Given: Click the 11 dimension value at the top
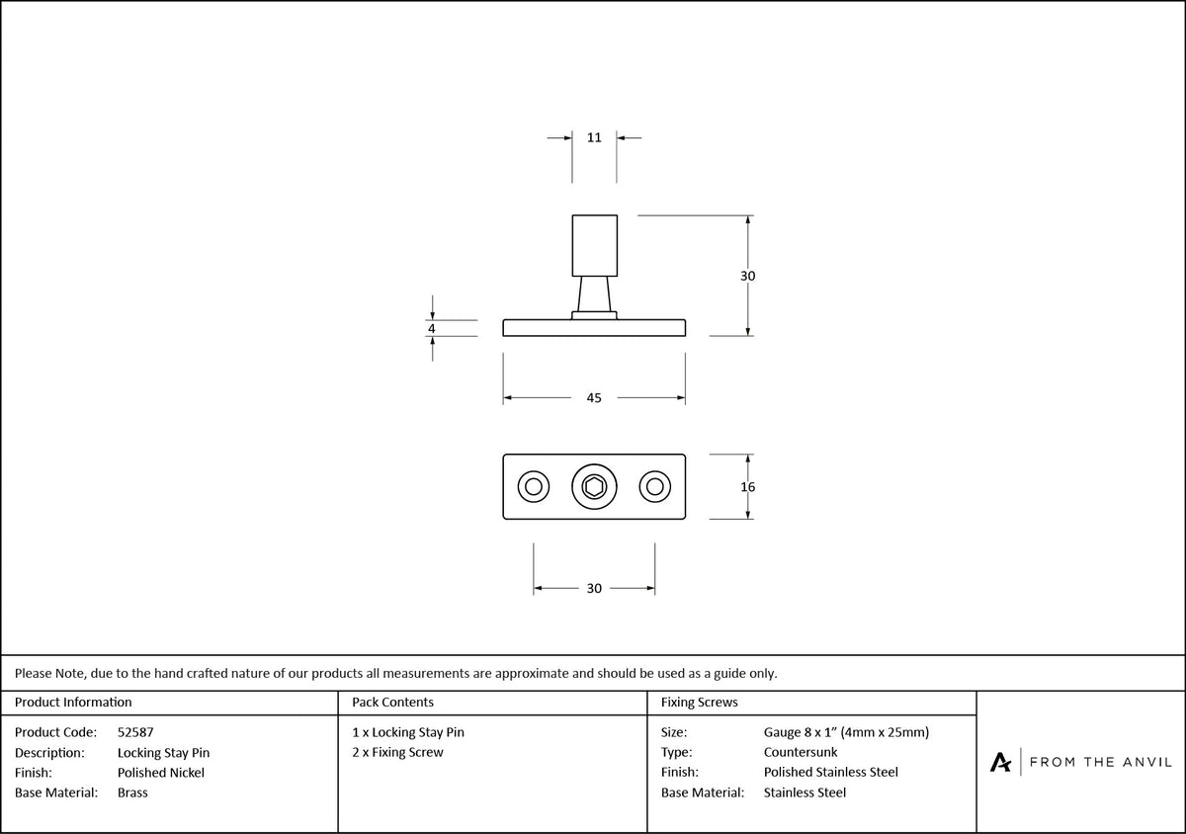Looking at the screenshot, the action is point(594,137).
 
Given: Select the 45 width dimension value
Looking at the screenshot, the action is point(594,397).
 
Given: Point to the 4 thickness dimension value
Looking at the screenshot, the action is point(432,328).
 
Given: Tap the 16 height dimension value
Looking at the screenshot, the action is point(747,486).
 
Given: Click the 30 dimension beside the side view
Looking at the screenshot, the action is point(747,276).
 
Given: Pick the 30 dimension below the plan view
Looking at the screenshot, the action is point(594,588).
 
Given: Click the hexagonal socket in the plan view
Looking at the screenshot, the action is point(594,486).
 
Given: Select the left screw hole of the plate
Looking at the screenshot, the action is point(533,486).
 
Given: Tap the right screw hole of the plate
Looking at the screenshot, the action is point(655,486).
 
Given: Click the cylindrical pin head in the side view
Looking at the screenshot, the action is point(595,245).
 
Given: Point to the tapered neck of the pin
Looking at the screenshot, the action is point(594,293).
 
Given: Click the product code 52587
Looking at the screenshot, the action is point(135,732).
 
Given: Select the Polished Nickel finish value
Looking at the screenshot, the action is point(161,773).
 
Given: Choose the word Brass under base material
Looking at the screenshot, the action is point(132,792).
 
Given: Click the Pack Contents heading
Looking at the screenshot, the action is point(393,703).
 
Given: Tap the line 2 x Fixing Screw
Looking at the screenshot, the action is point(397,752).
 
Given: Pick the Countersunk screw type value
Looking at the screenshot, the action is point(801,752).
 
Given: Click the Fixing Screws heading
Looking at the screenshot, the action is point(700,703).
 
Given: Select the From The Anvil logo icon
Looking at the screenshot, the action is point(1000,763).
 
